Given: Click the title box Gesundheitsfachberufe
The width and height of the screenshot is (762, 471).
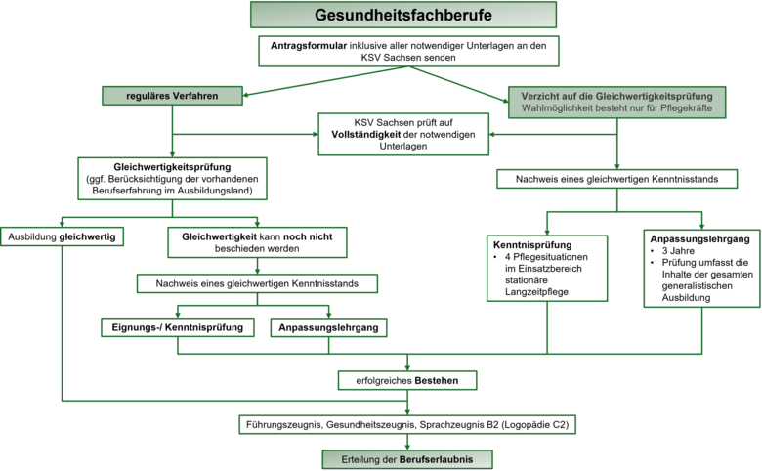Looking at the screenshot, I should pos(403,16).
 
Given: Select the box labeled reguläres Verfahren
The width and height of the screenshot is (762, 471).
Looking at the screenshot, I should pos(172,95).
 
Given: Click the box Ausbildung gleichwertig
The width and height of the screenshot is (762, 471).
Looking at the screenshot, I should pos(61,236).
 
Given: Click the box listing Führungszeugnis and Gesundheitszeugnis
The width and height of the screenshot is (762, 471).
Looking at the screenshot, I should pos(408,425).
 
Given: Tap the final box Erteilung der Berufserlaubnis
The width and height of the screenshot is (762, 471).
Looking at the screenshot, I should pos(408,457).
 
